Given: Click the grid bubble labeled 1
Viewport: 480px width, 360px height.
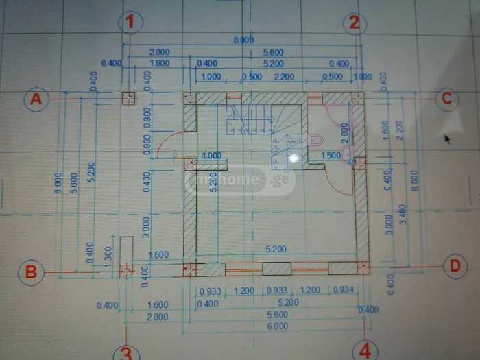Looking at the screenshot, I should coord(130,23).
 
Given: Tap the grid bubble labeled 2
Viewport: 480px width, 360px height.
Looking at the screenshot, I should coord(354,23).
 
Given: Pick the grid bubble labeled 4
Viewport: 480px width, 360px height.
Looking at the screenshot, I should coord(365,352).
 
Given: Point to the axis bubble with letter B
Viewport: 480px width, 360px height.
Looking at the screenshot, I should coord(31,272).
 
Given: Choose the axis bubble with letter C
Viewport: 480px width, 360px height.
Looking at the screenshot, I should coord(446,99).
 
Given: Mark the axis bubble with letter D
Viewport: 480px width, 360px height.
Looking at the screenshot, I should coord(455,266).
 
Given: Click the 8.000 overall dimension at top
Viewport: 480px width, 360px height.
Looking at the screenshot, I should coord(243,40).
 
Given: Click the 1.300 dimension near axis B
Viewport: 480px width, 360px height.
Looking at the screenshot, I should coord(108,253).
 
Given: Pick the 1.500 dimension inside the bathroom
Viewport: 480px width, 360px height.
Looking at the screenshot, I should coord(331,156).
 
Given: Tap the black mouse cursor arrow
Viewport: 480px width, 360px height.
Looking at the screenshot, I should coord(447,139).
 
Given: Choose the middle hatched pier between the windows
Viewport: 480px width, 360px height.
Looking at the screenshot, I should coord(276,269).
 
